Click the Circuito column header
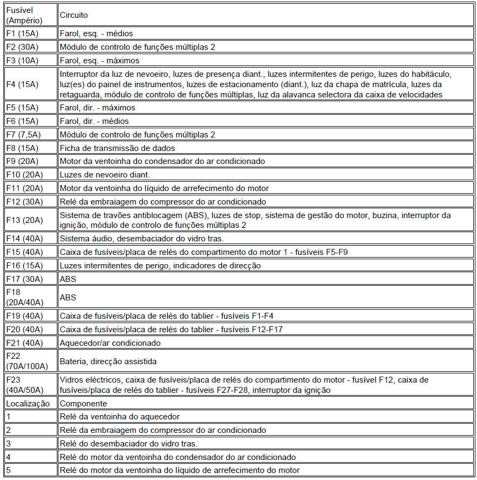74,16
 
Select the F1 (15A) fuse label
23,34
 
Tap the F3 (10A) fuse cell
23,61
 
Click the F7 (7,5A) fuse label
25,134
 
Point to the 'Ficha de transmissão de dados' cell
117,148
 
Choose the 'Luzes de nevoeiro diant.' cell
104,175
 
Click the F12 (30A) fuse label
25,202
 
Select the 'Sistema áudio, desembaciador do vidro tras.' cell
141,239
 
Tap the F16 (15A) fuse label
25,266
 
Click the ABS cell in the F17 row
68,279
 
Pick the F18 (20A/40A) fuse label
24,297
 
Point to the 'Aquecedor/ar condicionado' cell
110,343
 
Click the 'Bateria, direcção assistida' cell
108,361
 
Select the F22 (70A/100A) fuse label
27,361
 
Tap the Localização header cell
28,403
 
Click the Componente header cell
83,403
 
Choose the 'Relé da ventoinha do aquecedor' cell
120,417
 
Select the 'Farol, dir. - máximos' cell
97,108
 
